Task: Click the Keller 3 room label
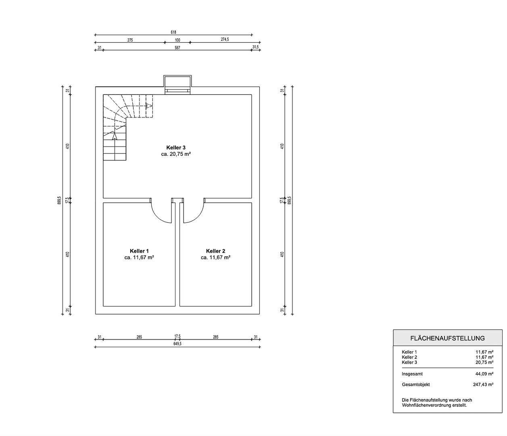[x=176, y=148]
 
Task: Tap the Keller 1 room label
[x=139, y=251]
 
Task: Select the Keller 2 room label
[x=215, y=251]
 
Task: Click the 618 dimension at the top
[x=173, y=32]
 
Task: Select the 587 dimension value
[x=177, y=48]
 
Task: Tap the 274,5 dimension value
[x=225, y=40]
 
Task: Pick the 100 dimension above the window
[x=177, y=40]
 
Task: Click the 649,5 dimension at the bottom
[x=177, y=344]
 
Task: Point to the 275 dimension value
[x=130, y=40]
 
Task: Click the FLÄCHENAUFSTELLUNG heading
[x=447, y=338]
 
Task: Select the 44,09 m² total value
[x=484, y=374]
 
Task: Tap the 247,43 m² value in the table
[x=483, y=385]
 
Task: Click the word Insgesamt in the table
[x=412, y=374]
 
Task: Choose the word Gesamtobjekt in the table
[x=416, y=385]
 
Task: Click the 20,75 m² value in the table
[x=484, y=363]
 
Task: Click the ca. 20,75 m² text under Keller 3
[x=176, y=154]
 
